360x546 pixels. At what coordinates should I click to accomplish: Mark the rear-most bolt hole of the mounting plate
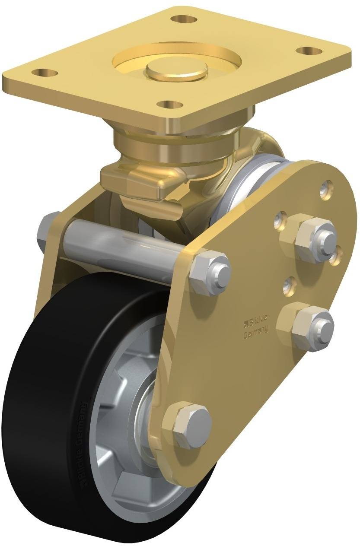183,19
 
